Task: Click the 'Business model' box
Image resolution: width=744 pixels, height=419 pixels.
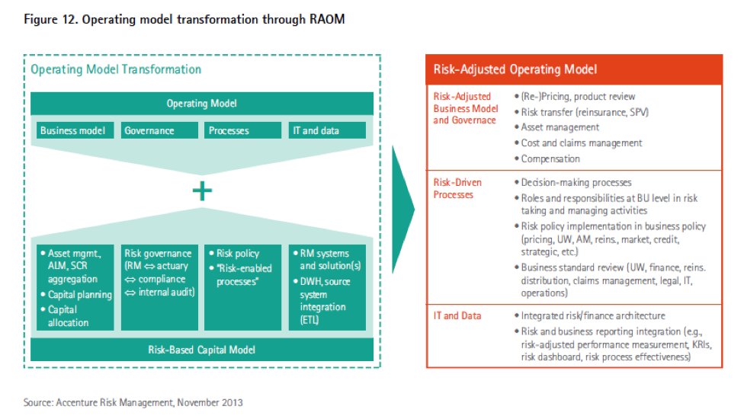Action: pyautogui.click(x=75, y=130)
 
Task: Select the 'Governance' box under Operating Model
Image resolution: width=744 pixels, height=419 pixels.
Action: pyautogui.click(x=159, y=130)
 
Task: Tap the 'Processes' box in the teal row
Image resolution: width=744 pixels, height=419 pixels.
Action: pyautogui.click(x=242, y=130)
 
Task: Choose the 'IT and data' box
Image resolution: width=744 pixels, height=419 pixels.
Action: pyautogui.click(x=327, y=130)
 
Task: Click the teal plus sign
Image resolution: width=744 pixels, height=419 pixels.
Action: pyautogui.click(x=202, y=191)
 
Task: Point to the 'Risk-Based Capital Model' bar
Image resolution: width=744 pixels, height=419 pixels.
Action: pyautogui.click(x=202, y=350)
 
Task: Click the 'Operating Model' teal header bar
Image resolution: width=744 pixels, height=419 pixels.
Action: pyautogui.click(x=202, y=104)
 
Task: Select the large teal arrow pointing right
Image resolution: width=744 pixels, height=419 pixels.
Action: pyautogui.click(x=403, y=209)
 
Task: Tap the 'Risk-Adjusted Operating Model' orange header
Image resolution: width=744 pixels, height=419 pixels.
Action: pyautogui.click(x=574, y=69)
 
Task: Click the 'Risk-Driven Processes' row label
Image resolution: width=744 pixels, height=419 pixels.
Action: pyautogui.click(x=457, y=189)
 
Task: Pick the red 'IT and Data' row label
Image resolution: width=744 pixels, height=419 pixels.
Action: pyautogui.click(x=457, y=315)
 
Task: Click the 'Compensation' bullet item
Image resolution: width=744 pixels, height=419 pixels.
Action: pyautogui.click(x=550, y=158)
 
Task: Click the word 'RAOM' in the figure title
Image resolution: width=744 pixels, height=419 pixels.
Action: pyautogui.click(x=327, y=20)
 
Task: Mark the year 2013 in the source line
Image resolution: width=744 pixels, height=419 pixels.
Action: pyautogui.click(x=232, y=403)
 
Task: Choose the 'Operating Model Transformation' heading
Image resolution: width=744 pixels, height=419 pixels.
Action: pyautogui.click(x=116, y=69)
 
